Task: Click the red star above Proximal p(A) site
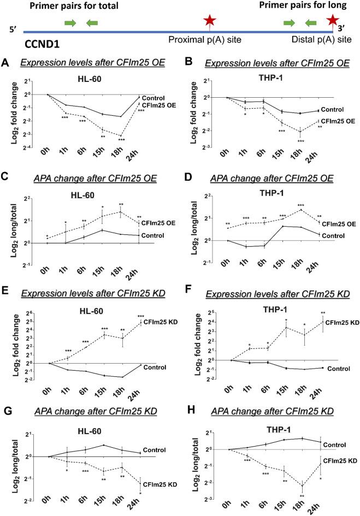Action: click(209, 21)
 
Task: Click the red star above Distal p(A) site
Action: click(332, 21)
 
